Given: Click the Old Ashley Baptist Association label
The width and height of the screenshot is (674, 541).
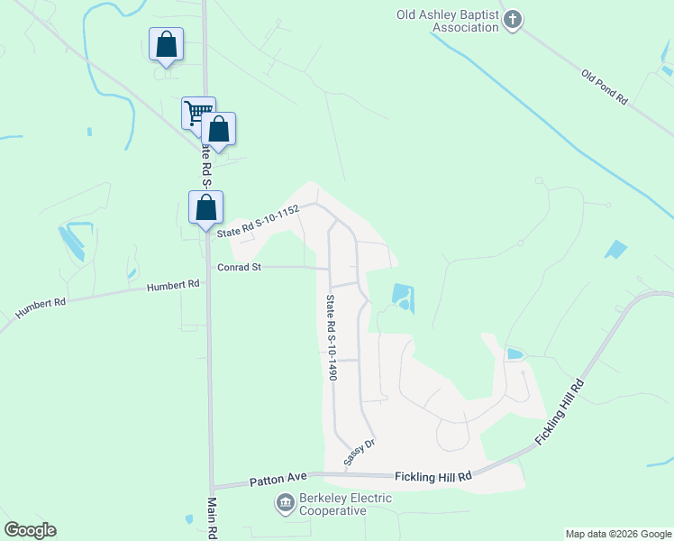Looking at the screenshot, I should [448, 21].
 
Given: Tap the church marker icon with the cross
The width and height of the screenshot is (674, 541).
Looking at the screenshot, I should [512, 20].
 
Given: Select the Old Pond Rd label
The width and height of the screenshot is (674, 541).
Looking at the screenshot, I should [604, 88].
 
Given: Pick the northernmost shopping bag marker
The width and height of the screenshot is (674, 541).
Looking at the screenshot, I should [167, 44].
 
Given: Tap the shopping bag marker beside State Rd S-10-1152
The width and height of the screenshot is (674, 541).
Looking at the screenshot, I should [205, 206].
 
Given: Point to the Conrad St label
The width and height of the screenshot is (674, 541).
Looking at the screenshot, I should [239, 268].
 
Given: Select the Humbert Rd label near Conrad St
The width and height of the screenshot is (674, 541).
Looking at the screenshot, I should [173, 285].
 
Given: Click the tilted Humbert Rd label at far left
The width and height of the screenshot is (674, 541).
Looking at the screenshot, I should [41, 308].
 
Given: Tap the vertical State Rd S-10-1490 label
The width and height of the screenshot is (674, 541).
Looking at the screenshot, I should [332, 337].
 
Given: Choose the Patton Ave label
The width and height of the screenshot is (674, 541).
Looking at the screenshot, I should [281, 477].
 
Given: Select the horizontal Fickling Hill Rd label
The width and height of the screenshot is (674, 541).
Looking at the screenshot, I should [433, 476].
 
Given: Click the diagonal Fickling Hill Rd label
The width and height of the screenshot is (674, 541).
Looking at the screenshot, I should [560, 411].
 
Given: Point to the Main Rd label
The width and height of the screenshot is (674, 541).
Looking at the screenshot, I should [214, 518].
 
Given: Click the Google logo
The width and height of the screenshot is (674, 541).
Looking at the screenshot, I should [30, 530].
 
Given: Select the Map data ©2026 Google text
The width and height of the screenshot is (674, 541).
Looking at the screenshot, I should [617, 534].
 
